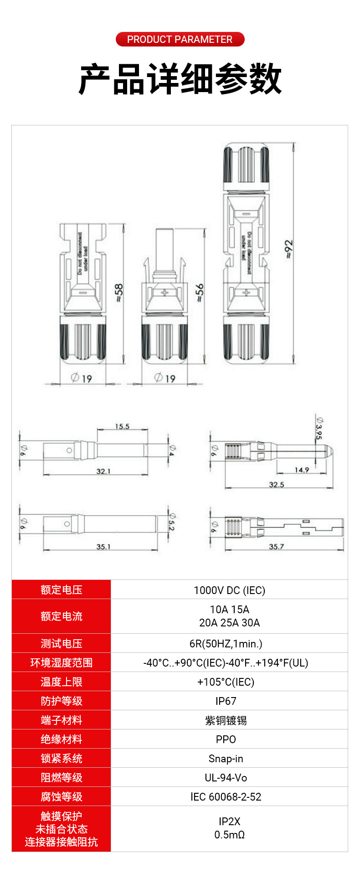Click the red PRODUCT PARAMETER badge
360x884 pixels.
tap(180, 39)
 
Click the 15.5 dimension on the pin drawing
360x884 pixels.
tap(122, 426)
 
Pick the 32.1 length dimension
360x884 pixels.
tap(103, 471)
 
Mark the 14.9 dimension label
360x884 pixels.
tap(302, 470)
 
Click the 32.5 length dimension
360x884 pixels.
tap(277, 484)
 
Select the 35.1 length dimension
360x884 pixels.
tap(103, 546)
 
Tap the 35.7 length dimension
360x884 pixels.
tap(277, 546)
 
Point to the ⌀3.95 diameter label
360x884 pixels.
tap(319, 429)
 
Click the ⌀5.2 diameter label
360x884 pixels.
tap(172, 522)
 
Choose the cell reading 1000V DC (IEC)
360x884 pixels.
tap(229, 590)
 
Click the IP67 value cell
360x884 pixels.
tap(226, 701)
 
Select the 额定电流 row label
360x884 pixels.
tap(62, 616)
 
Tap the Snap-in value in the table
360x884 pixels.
tap(226, 759)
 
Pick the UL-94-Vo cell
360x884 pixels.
tap(226, 778)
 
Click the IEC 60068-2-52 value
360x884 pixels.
tap(226, 797)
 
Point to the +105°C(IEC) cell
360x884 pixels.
tap(226, 682)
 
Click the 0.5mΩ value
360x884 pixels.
tap(230, 835)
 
